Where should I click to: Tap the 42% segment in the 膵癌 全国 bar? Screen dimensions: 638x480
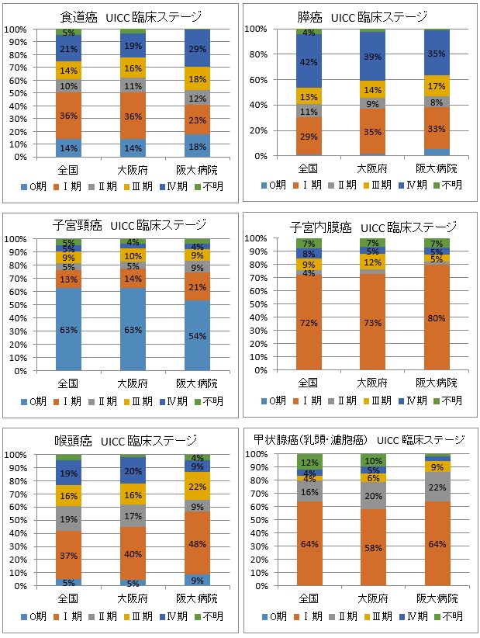309,62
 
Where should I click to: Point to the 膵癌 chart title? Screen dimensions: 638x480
362,16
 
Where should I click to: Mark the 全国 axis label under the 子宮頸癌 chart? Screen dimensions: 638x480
69,383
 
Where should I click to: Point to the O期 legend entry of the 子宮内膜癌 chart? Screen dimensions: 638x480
275,400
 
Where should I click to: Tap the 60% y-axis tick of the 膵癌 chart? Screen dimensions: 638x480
257,80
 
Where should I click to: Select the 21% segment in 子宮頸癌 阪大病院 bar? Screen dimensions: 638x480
197,286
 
